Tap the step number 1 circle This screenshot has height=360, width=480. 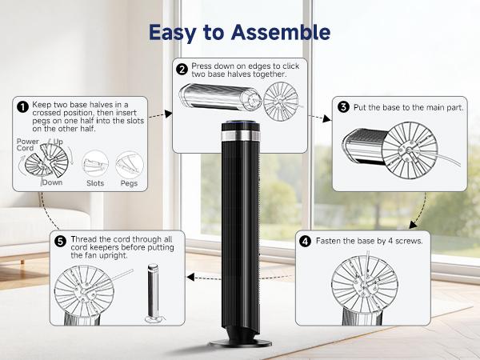[x=22, y=106]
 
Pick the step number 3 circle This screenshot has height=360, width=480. [x=342, y=106]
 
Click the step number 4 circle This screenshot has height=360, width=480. [x=306, y=240]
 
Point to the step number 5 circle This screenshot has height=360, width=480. [x=60, y=240]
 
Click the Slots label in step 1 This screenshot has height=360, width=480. [x=95, y=182]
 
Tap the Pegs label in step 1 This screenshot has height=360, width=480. [x=129, y=182]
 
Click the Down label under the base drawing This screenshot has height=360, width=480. [x=54, y=182]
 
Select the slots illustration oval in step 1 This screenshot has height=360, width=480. [x=95, y=163]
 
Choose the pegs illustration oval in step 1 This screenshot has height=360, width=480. [x=129, y=163]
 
